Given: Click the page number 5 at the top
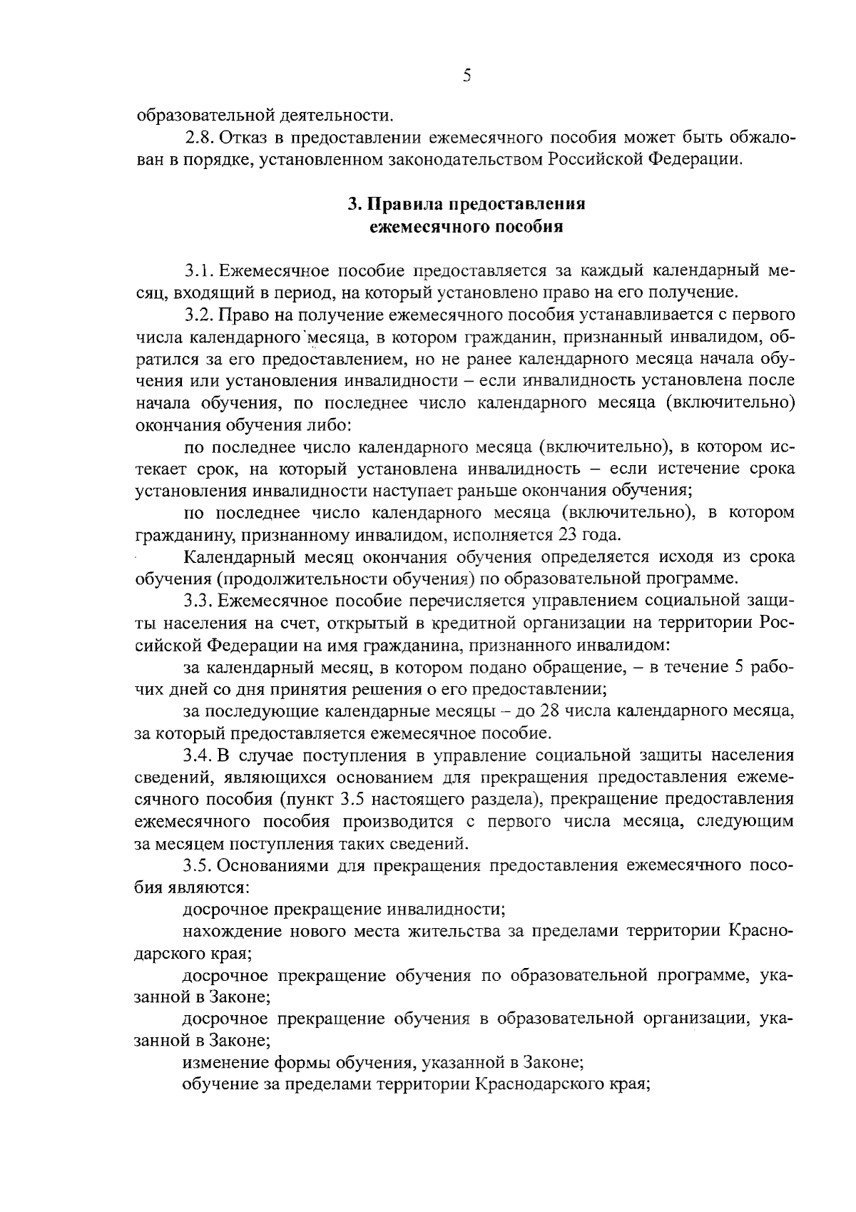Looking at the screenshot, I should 466,76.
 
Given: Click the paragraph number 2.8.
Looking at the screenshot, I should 197,136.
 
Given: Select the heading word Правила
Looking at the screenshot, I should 405,205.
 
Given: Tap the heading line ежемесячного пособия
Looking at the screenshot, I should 466,228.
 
